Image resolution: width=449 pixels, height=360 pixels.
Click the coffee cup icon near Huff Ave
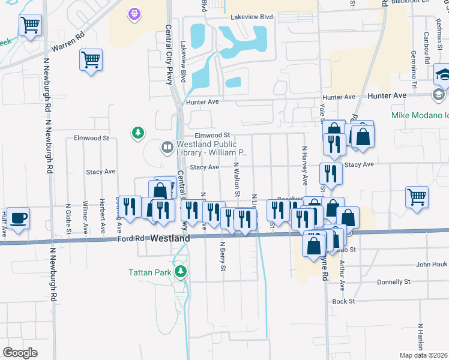pyautogui.click(x=19, y=218)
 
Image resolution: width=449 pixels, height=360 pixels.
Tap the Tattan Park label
pyautogui.click(x=149, y=272)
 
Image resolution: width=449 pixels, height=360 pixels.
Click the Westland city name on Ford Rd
pyautogui.click(x=170, y=238)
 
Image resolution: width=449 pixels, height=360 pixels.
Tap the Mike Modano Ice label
pyautogui.click(x=420, y=115)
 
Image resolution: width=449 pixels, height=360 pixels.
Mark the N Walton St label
pyautogui.click(x=237, y=179)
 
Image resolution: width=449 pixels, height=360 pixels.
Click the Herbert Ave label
pyautogui.click(x=103, y=215)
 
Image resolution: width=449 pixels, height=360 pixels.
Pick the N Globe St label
pyautogui.click(x=69, y=218)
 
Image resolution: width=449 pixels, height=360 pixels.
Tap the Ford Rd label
pyautogui.click(x=130, y=239)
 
